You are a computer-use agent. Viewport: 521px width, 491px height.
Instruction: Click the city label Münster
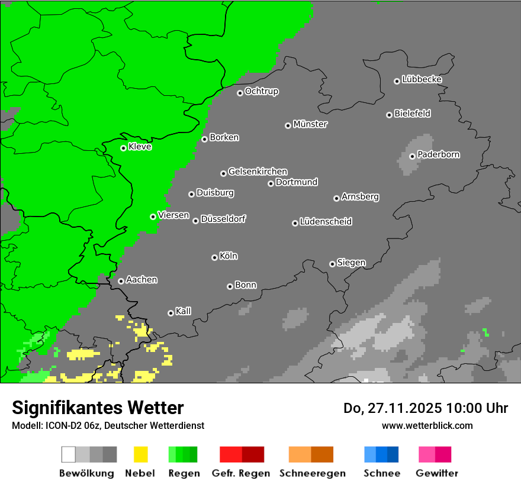coord(310,124)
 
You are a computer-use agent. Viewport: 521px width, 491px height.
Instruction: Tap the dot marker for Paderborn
coord(412,156)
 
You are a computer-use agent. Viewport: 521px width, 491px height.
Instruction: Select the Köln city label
coord(229,256)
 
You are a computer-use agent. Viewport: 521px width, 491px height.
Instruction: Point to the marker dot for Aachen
coord(121,281)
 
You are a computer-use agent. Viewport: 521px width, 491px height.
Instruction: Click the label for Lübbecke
coord(422,79)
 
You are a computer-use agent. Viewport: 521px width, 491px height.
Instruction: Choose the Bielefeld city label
coord(412,113)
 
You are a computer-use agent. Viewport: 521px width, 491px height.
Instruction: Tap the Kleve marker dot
coord(123,148)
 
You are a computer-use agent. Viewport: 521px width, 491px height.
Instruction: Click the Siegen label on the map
coord(351,263)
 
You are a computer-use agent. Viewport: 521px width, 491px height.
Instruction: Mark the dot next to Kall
coord(171,313)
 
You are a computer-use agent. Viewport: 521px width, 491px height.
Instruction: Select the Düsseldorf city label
coord(223,219)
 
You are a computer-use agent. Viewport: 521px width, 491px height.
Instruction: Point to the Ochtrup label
coord(262,91)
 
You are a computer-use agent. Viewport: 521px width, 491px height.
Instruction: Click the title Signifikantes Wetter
coord(98,408)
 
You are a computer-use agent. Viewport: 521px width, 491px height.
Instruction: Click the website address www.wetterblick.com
coord(427,425)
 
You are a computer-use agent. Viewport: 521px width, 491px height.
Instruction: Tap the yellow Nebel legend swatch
coord(140,454)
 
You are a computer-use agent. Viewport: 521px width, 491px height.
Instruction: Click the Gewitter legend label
coord(436,473)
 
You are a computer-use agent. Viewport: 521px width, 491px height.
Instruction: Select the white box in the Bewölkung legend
coord(69,454)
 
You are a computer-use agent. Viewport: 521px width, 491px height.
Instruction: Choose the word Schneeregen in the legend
coord(311,473)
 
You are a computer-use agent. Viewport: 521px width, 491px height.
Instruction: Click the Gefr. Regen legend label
coord(241,473)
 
